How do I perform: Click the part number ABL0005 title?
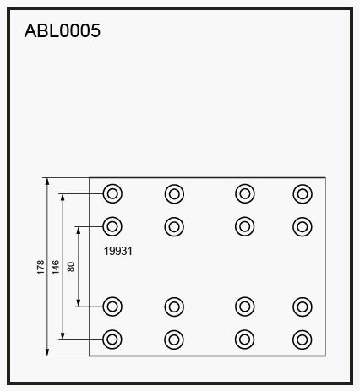(63, 30)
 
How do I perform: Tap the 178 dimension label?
(41, 268)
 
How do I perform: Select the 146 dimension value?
(56, 268)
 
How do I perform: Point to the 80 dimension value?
(71, 267)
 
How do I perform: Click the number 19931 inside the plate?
(118, 251)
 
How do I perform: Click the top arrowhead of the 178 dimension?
(47, 181)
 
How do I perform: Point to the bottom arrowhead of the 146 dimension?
(63, 336)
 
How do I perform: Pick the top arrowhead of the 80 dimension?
(79, 230)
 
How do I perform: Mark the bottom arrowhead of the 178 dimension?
(47, 352)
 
